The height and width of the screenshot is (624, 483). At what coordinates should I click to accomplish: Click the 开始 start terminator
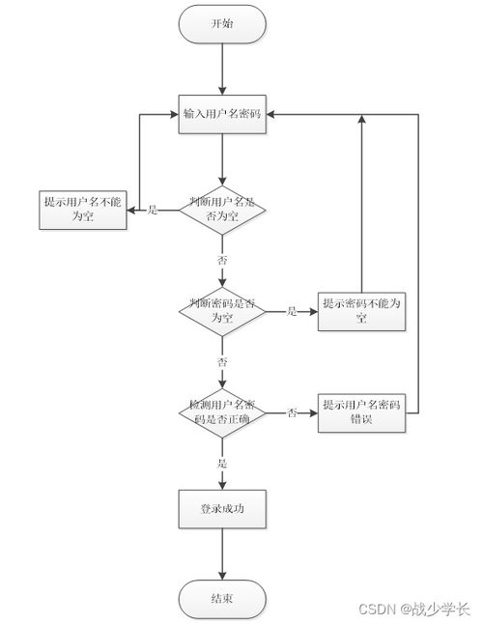click(x=222, y=25)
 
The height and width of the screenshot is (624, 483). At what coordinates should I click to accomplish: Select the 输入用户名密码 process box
click(x=222, y=114)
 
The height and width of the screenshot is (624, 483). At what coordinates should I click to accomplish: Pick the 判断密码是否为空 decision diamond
click(x=222, y=311)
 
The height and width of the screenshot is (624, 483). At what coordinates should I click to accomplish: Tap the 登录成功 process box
click(x=222, y=508)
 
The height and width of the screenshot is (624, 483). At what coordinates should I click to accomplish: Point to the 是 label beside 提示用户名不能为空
click(x=153, y=210)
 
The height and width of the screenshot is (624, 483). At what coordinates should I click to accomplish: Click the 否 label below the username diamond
click(x=222, y=261)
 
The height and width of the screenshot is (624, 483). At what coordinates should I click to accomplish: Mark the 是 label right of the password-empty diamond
click(x=292, y=311)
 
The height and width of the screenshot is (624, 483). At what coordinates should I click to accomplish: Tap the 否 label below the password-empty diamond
click(x=222, y=362)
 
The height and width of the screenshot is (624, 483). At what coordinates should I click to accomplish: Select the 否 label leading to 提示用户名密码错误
click(x=292, y=413)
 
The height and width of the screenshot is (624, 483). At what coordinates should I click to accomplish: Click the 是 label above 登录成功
click(x=222, y=464)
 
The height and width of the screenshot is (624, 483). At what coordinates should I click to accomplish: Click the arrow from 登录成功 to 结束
click(x=222, y=555)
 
